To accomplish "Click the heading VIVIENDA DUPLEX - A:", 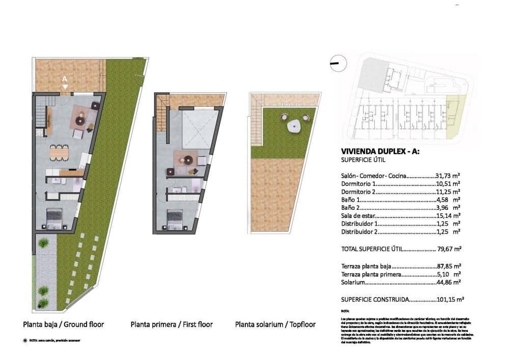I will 378,151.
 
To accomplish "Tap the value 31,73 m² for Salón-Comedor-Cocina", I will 448,176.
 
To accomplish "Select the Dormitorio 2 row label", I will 359,191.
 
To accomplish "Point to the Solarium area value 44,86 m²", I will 449,282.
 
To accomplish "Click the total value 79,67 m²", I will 449,249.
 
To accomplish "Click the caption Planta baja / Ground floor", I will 64,324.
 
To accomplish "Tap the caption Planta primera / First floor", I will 172,324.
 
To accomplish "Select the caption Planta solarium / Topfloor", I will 275,324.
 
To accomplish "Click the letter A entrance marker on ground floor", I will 65,79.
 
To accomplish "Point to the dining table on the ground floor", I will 59,151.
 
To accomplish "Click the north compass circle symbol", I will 338,63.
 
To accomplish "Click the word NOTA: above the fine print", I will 346,310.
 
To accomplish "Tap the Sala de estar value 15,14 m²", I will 448,215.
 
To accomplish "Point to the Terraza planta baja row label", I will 366,266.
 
